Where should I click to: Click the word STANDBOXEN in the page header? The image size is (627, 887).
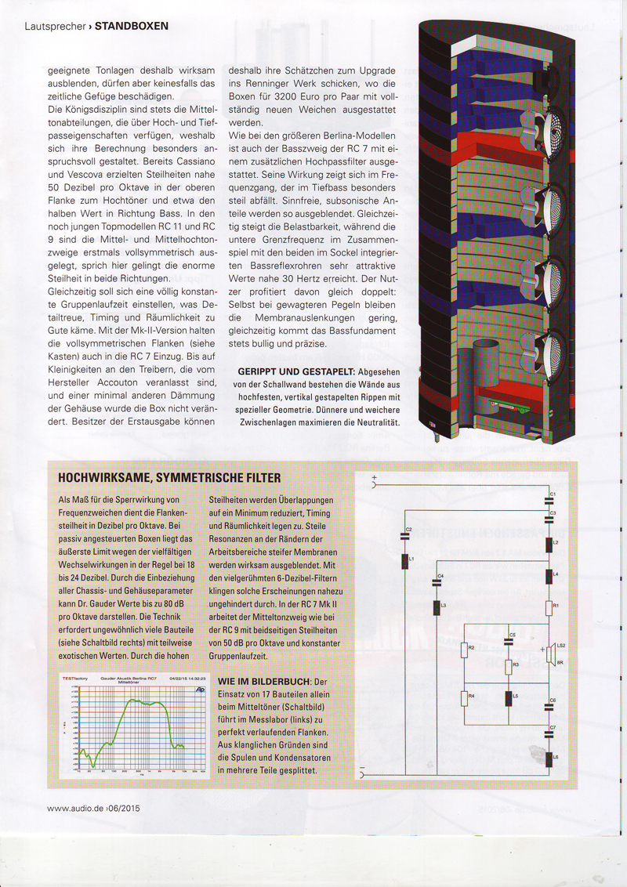pyautogui.click(x=132, y=26)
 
